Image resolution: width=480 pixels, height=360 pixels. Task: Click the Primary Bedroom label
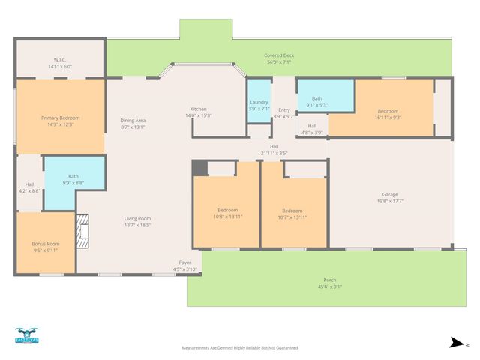(x=60, y=118)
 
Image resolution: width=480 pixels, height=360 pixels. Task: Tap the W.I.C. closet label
(x=60, y=59)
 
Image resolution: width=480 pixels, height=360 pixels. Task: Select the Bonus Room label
(x=45, y=244)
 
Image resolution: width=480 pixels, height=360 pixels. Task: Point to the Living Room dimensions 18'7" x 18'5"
(x=138, y=224)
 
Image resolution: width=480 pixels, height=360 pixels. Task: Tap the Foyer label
(x=184, y=262)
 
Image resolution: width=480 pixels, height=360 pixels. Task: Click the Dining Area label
(x=133, y=120)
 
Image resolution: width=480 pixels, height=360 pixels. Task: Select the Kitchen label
(x=198, y=109)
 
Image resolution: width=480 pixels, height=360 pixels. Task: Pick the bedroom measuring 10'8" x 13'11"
(x=228, y=210)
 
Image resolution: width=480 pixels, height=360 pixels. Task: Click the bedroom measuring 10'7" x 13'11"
(x=292, y=211)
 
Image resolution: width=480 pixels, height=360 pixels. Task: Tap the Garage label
(x=390, y=194)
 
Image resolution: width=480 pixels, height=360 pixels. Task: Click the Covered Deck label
(x=278, y=56)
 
